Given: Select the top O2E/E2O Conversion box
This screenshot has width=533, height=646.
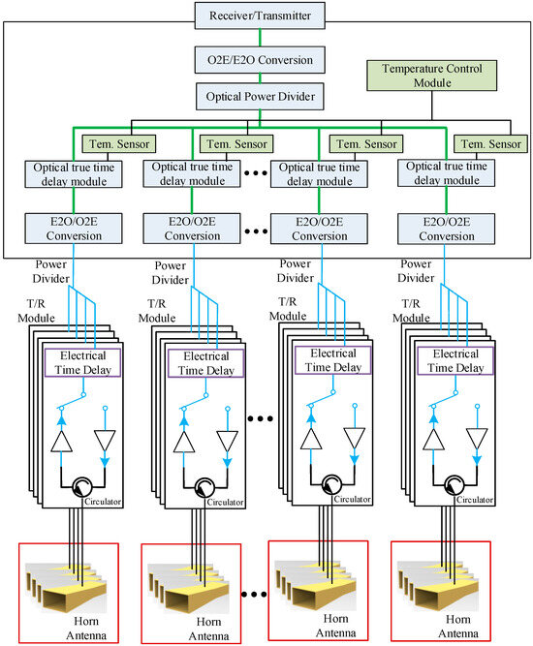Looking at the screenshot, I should pos(267,60).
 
